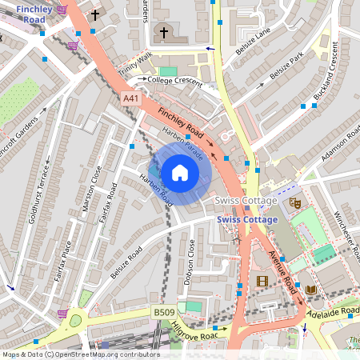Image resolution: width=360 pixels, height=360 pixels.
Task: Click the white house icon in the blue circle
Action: coord(180,172)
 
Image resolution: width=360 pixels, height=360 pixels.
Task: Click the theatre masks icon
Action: coord(294,203)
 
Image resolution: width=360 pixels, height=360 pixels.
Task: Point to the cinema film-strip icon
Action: coord(261,281)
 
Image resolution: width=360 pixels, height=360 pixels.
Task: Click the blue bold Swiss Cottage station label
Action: coord(247,221)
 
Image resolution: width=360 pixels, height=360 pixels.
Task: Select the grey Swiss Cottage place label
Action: coord(246,199)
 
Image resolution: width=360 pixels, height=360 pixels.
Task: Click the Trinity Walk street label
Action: coord(134,61)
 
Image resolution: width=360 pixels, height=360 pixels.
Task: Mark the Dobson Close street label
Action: coord(190,259)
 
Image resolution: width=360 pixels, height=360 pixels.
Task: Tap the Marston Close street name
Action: coord(93,189)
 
